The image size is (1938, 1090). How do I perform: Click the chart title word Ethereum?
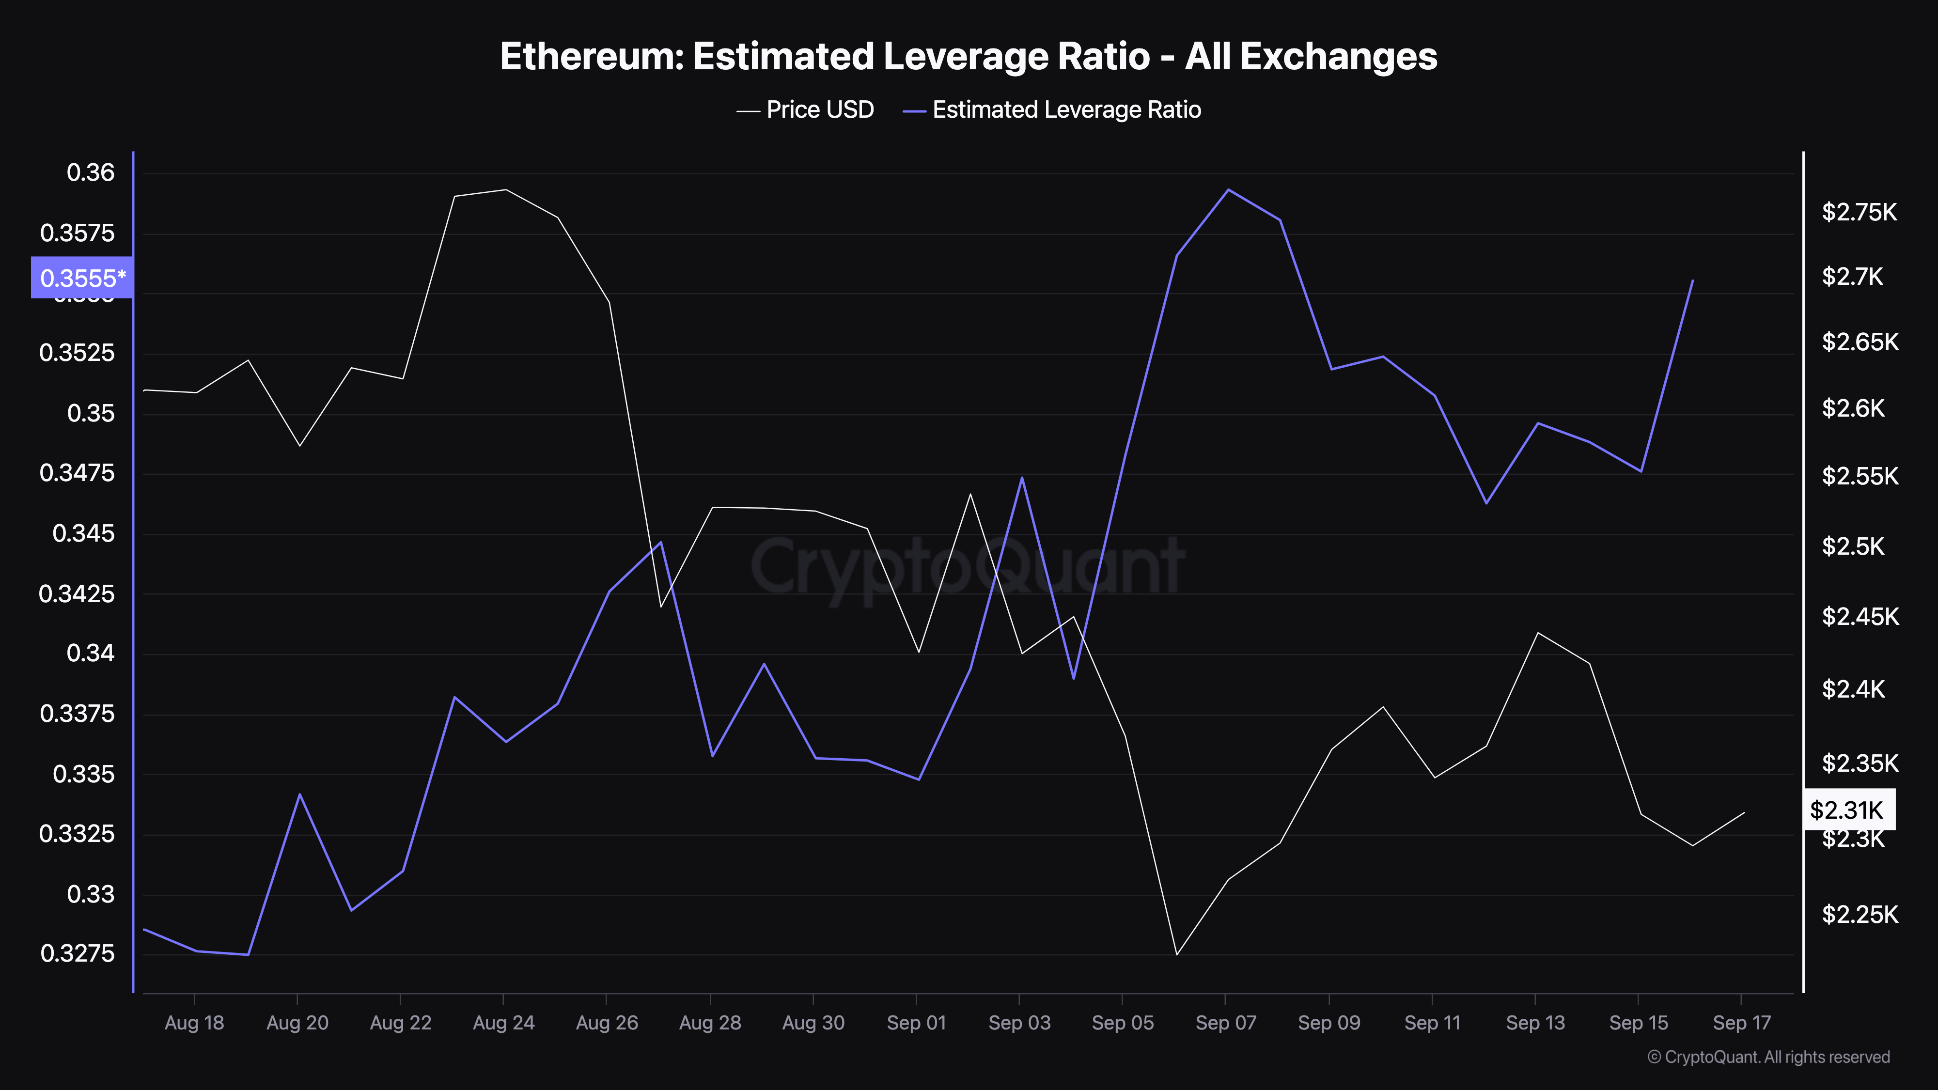tap(591, 56)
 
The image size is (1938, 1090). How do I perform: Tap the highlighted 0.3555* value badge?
tap(82, 278)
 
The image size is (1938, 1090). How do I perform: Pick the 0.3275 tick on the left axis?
tap(78, 953)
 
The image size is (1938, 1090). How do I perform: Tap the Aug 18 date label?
tap(194, 1022)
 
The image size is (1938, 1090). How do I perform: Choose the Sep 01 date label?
tap(916, 1022)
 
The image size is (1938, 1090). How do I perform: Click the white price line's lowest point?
tap(1177, 954)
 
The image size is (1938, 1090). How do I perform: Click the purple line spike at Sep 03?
tap(1022, 478)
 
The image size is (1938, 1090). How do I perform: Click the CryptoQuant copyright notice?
tap(1768, 1057)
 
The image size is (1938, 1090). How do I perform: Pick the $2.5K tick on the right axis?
tap(1852, 546)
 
